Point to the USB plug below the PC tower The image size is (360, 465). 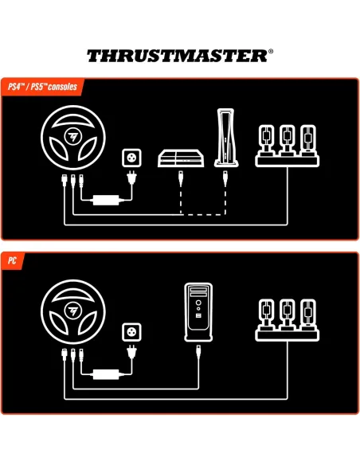pos(197,353)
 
